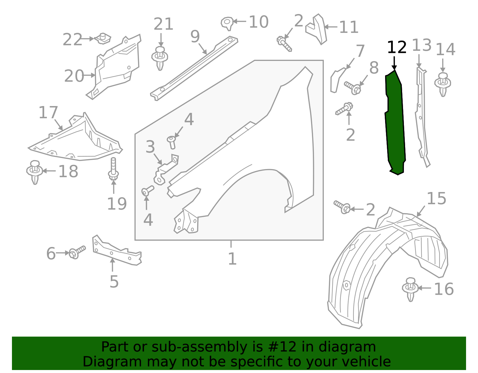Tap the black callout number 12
[397, 48]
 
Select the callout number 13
[422, 46]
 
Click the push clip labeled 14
[443, 84]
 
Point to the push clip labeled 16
[410, 289]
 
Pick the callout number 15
[436, 199]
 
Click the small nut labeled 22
[103, 39]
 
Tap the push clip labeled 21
[160, 58]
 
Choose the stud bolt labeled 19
[113, 169]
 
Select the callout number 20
[74, 76]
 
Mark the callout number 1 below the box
[232, 259]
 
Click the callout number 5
[114, 282]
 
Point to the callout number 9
[195, 37]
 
